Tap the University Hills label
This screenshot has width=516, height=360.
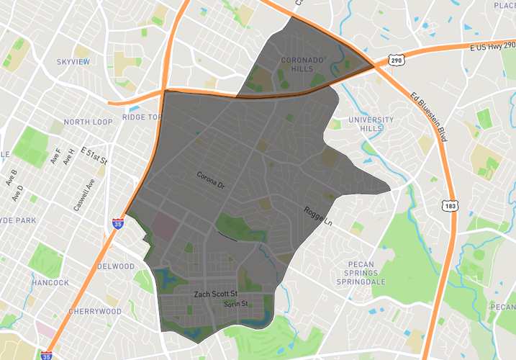click(x=371, y=124)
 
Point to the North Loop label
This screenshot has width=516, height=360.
click(x=88, y=122)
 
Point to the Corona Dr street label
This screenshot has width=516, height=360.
click(x=211, y=180)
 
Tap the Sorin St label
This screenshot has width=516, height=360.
click(x=235, y=305)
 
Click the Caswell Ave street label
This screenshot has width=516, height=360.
click(x=83, y=194)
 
